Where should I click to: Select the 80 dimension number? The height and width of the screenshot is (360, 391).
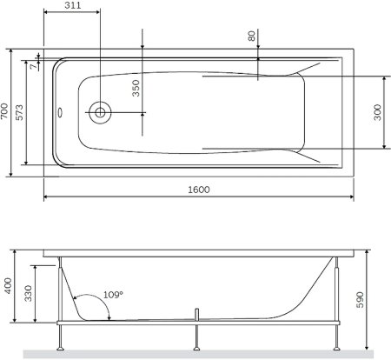click(252, 37)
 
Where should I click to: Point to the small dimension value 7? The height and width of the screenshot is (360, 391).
click(31, 67)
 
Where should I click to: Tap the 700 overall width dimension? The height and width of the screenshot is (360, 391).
click(6, 110)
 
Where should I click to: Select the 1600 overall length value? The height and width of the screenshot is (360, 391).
click(200, 189)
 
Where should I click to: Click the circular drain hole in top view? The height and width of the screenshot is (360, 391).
click(101, 112)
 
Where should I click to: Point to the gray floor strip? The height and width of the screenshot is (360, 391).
click(195, 353)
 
